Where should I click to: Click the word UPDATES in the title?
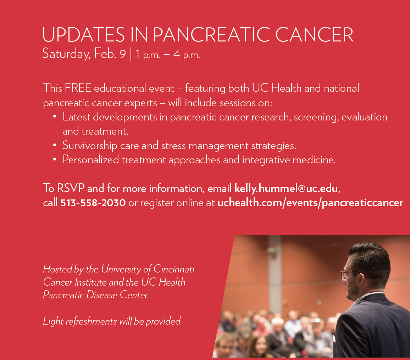pyautogui.click(x=83, y=34)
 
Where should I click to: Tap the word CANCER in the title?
pyautogui.click(x=314, y=34)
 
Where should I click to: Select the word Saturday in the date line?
pyautogui.click(x=66, y=54)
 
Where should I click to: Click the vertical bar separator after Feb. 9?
pyautogui.click(x=131, y=54)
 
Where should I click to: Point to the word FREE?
pyautogui.click(x=78, y=88)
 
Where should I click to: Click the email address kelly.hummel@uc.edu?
pyautogui.click(x=286, y=188)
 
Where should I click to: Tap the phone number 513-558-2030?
pyautogui.click(x=93, y=203)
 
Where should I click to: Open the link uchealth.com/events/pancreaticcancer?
pyautogui.click(x=310, y=203)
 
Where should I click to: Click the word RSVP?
pyautogui.click(x=71, y=188)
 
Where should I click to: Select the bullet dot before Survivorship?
pyautogui.click(x=54, y=145)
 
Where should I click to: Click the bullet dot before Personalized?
pyautogui.click(x=54, y=159)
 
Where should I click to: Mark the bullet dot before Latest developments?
pyautogui.click(x=54, y=117)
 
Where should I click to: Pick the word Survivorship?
pyautogui.click(x=90, y=146)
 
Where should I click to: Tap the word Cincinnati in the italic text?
pyautogui.click(x=174, y=269)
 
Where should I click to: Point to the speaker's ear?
pyautogui.click(x=361, y=281)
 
